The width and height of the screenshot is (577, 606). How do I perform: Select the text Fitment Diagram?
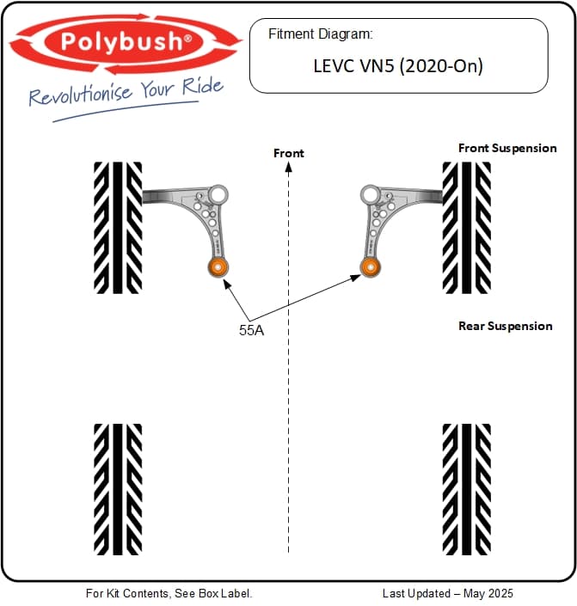[320, 34]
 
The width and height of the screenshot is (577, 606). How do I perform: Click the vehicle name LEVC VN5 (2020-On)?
[397, 66]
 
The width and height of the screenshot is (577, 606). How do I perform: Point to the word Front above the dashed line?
[289, 153]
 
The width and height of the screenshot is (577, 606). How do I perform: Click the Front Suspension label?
[507, 148]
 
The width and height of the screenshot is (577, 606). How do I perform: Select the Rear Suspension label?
[506, 326]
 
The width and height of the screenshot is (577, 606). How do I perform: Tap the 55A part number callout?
[251, 329]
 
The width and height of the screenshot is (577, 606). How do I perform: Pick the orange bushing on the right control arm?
[371, 266]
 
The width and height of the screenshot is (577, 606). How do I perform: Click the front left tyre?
[118, 227]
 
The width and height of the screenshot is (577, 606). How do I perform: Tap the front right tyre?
[467, 227]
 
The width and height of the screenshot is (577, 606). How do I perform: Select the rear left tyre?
[118, 488]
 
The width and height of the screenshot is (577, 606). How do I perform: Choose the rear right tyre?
[467, 488]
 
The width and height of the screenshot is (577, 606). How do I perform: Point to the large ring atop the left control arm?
[218, 194]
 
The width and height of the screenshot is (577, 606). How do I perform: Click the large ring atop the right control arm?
[371, 194]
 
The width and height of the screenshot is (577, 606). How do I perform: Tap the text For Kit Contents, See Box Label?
[169, 593]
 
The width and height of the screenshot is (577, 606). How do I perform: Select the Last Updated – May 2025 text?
[448, 593]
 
